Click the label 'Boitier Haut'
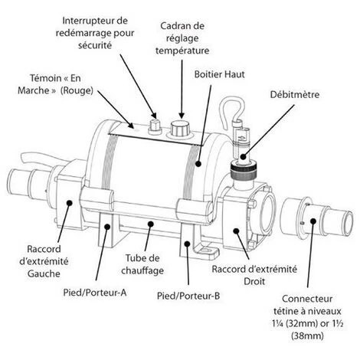pos(219,74)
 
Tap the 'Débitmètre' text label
pos(295,95)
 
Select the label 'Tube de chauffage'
pos(142,264)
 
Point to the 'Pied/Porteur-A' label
pos(95,293)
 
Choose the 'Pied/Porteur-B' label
pos(188,296)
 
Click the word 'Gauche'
pos(44,273)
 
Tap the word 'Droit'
pos(254,281)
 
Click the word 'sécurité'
pos(95,45)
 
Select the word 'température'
pos(182,51)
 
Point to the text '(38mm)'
pos(307,335)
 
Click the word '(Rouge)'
pos(77,90)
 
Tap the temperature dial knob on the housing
pos(180,128)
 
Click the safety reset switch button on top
pos(155,126)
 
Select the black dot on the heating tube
pos(151,224)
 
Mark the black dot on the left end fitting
pos(69,203)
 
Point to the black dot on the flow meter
pos(244,156)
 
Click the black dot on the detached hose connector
pos(313,221)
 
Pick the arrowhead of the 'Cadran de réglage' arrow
pos(182,116)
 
